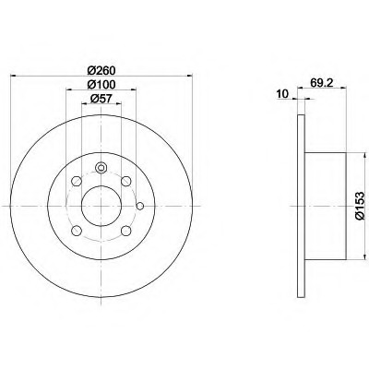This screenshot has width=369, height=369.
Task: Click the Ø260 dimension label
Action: (x=101, y=71)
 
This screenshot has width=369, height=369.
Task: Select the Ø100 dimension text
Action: (x=101, y=84)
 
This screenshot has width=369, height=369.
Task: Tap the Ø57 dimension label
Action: (x=101, y=99)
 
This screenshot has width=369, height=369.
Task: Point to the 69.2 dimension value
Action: (x=322, y=83)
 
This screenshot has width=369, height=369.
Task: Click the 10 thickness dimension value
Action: (x=282, y=94)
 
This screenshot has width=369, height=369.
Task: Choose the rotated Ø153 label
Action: (x=359, y=206)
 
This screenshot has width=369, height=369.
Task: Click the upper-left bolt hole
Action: (x=77, y=181)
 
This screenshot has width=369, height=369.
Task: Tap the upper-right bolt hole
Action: (x=126, y=181)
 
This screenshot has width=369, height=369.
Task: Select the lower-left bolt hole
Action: (x=77, y=231)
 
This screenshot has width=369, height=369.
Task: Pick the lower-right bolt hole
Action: (x=126, y=231)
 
